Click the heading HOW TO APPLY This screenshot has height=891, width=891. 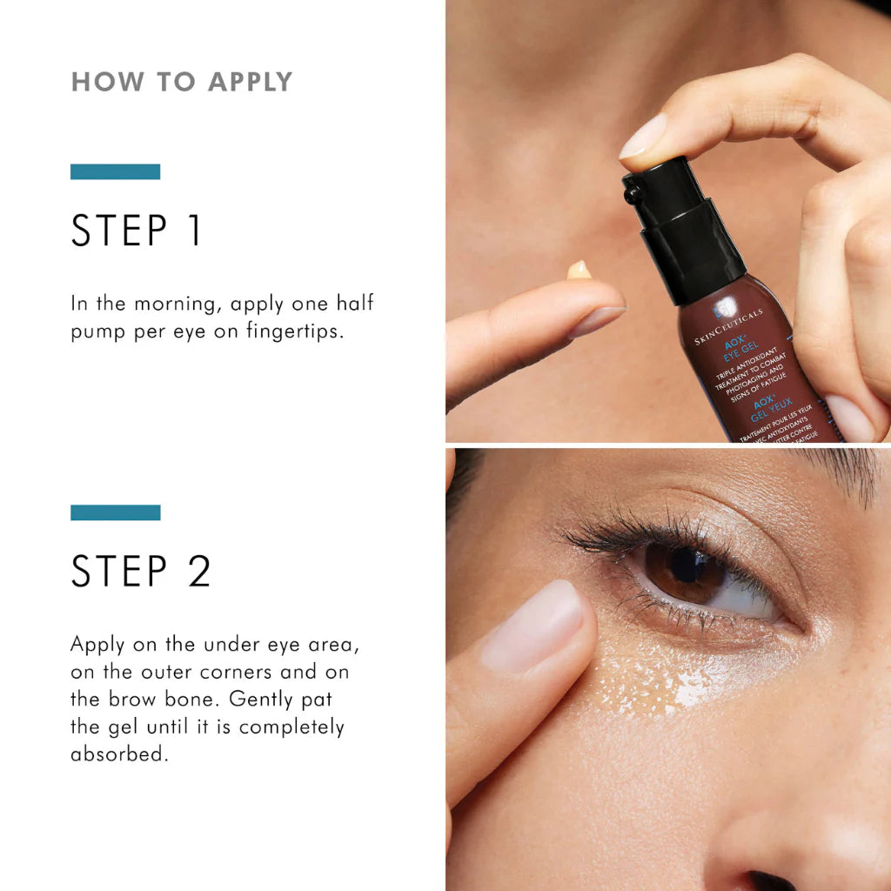182,82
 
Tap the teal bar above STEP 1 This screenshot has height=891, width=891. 115,171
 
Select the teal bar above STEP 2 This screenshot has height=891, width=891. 115,512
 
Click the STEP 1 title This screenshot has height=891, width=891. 137,231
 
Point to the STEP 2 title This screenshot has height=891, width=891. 141,572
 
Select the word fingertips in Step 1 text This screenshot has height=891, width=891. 293,332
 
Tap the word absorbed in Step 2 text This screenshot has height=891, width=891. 118,754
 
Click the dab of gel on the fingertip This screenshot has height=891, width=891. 579,271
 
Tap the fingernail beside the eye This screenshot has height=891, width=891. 533,627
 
